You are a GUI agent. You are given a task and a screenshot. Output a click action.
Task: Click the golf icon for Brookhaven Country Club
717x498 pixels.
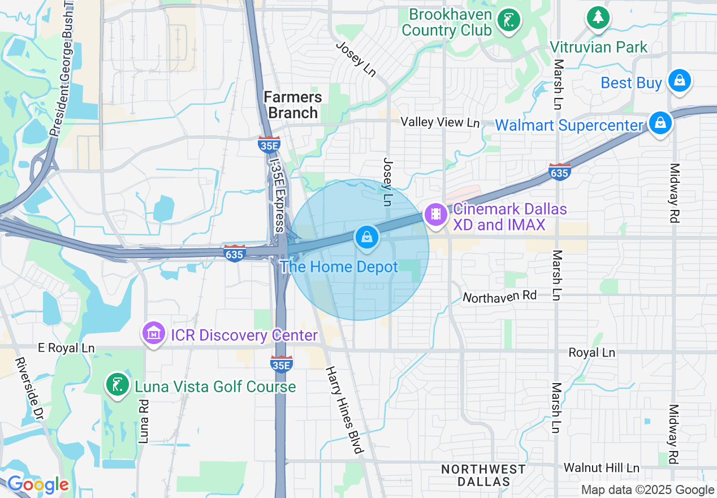tap(508, 21)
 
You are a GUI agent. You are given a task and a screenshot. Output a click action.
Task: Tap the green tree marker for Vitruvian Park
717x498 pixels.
tap(597, 18)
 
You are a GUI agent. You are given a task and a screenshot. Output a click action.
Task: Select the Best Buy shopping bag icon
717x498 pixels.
tap(680, 80)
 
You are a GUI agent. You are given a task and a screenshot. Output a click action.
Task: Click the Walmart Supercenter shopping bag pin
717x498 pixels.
tap(659, 123)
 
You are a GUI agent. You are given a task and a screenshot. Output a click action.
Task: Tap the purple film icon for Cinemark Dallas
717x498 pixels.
tap(435, 214)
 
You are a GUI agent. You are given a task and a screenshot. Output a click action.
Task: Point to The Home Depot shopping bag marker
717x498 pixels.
tap(367, 237)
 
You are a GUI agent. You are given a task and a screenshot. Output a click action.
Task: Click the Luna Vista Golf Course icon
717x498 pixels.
tap(117, 385)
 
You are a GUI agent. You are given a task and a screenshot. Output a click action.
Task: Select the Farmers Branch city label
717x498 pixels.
tap(293, 105)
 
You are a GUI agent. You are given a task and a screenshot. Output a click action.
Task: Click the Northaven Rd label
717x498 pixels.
tap(499, 295)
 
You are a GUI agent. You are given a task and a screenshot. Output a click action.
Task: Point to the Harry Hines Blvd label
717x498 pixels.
tap(343, 410)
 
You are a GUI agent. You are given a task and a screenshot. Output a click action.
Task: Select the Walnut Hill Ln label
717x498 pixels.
tap(601, 468)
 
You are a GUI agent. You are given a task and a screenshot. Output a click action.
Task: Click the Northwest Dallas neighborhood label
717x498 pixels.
tap(483, 475)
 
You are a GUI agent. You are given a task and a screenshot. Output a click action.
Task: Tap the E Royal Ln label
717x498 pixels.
tap(66, 348)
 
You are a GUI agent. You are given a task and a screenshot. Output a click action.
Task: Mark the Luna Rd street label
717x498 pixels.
tap(143, 421)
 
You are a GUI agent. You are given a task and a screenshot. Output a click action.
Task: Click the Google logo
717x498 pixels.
tap(37, 485)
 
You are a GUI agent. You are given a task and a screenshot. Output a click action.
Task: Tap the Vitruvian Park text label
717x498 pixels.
tap(599, 47)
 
